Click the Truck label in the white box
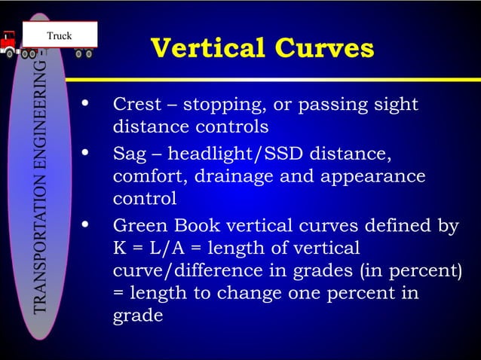(x=60, y=35)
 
